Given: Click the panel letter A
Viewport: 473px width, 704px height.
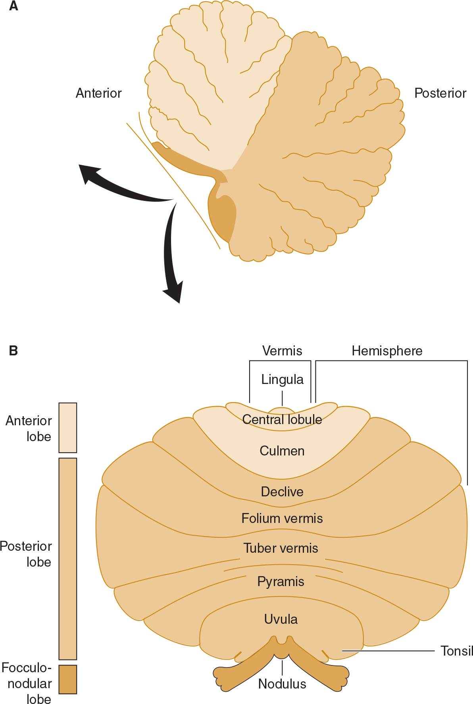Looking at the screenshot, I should (13, 6).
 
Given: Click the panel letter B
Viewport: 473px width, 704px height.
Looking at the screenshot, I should (13, 351).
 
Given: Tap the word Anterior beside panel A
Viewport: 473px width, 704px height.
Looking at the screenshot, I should (98, 93).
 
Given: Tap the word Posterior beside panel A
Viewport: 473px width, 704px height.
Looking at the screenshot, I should (440, 93).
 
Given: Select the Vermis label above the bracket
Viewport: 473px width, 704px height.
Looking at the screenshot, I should (282, 351).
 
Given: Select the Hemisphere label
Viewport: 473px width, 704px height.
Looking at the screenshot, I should (387, 351).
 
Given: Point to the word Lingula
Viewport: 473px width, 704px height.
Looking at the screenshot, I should (282, 380).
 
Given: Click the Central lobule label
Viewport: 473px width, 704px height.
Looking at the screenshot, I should (282, 419).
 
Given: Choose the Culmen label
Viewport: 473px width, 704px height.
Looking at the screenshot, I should (282, 451).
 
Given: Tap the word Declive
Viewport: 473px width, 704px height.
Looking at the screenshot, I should (282, 492).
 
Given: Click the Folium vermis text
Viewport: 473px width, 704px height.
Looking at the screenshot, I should (282, 518).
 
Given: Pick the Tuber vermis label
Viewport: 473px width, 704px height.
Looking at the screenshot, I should (281, 548).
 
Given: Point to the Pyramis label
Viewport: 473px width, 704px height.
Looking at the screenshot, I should (281, 582).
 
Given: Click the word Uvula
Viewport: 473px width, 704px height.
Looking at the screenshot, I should (281, 619).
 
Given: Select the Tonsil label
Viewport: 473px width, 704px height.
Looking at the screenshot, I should (457, 651).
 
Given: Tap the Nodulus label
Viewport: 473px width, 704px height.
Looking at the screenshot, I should (282, 684).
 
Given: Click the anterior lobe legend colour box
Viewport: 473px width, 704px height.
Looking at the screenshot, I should (68, 428).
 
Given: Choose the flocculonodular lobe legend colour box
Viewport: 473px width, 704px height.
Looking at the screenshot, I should (68, 679).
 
